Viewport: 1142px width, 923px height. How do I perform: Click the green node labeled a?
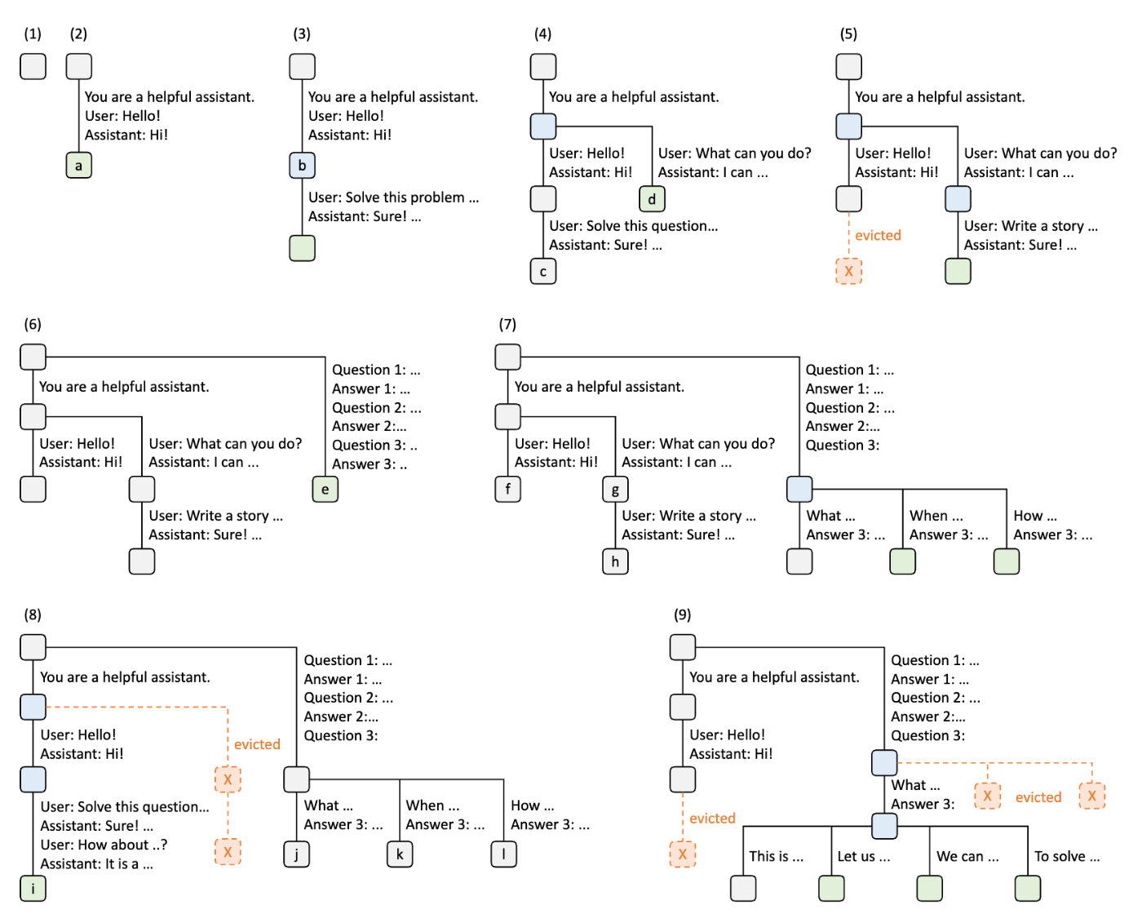78,165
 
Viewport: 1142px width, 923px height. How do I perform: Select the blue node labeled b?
302,165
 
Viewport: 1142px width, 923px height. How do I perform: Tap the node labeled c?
542,271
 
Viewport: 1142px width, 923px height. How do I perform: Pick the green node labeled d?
652,199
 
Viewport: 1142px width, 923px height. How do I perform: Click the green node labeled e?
325,489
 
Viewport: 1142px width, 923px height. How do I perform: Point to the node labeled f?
507,489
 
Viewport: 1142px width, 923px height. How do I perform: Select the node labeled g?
615,489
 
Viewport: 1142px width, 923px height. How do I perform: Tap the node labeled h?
615,561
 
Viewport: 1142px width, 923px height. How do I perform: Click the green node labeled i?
33,888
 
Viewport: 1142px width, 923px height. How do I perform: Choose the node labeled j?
296,854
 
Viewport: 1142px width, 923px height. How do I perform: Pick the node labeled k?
400,854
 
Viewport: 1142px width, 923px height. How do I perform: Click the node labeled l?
503,854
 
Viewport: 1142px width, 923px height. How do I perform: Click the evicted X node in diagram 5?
848,271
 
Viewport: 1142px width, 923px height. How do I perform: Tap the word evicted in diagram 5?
878,235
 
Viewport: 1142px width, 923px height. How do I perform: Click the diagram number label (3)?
301,33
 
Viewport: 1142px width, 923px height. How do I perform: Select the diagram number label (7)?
507,324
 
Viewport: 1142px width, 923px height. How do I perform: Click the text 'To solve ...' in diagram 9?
1066,856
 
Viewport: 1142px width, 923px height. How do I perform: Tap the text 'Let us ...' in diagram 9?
863,856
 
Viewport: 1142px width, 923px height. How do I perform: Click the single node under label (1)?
33,66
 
